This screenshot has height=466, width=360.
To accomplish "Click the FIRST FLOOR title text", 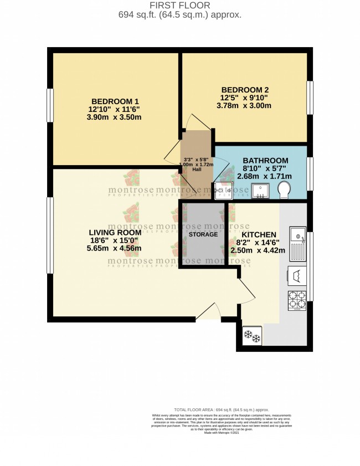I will click(x=180, y=5).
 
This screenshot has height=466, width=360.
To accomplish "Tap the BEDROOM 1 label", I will click(x=115, y=101).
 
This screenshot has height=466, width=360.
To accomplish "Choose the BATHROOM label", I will click(x=265, y=161).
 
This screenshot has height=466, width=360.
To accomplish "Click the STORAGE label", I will click(x=203, y=234).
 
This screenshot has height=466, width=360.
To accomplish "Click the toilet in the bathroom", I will click(x=284, y=190).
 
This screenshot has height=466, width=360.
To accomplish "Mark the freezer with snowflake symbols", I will click(x=252, y=336).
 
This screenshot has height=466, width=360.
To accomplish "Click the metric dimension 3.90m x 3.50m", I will click(x=115, y=117).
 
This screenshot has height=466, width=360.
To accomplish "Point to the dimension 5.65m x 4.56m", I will click(x=115, y=248).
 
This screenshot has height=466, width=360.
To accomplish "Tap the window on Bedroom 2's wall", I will click(x=310, y=98).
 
